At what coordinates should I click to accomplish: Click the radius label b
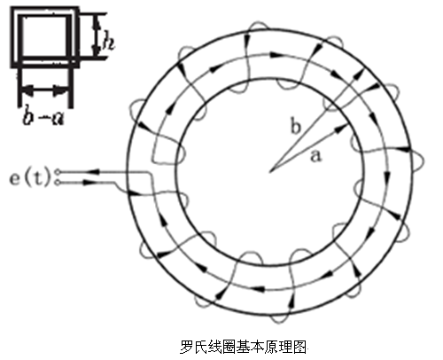tap(296, 126)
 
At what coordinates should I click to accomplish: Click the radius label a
tap(315, 156)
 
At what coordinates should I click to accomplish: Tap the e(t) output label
tap(29, 178)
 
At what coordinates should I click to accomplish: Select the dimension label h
tap(107, 43)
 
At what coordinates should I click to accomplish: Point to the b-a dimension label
tap(43, 117)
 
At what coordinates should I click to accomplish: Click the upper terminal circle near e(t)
tap(58, 172)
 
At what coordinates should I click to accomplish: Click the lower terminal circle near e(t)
tap(58, 184)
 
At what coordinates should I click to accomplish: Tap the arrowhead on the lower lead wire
tap(85, 183)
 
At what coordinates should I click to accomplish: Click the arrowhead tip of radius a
tap(347, 125)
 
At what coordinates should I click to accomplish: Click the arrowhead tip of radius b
tap(363, 71)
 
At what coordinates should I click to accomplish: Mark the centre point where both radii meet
tap(270, 171)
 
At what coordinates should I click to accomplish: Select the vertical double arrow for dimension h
tap(96, 36)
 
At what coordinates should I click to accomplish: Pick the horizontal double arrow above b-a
tap(44, 90)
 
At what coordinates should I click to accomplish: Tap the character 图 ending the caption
tap(299, 347)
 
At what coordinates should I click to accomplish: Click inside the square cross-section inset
tap(44, 36)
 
